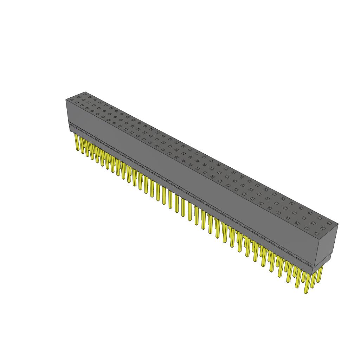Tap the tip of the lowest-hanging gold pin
306,292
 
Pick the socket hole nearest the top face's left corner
72,100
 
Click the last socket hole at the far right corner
329,223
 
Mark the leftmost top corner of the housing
66,100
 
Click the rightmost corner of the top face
338,224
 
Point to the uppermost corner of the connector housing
85,92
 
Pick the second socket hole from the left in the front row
77,103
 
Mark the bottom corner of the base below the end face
311,274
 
